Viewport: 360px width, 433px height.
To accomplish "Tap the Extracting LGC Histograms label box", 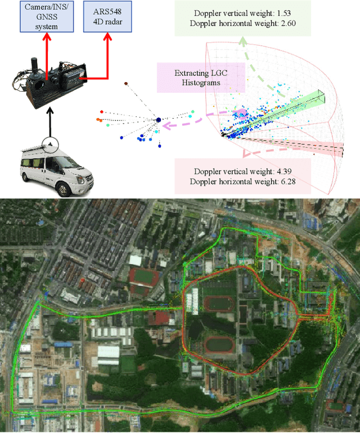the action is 199,78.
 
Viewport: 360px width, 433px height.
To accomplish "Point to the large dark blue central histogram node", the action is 159,120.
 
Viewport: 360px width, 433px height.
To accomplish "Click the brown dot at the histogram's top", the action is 125,84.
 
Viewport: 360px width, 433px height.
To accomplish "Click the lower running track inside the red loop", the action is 221,344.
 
